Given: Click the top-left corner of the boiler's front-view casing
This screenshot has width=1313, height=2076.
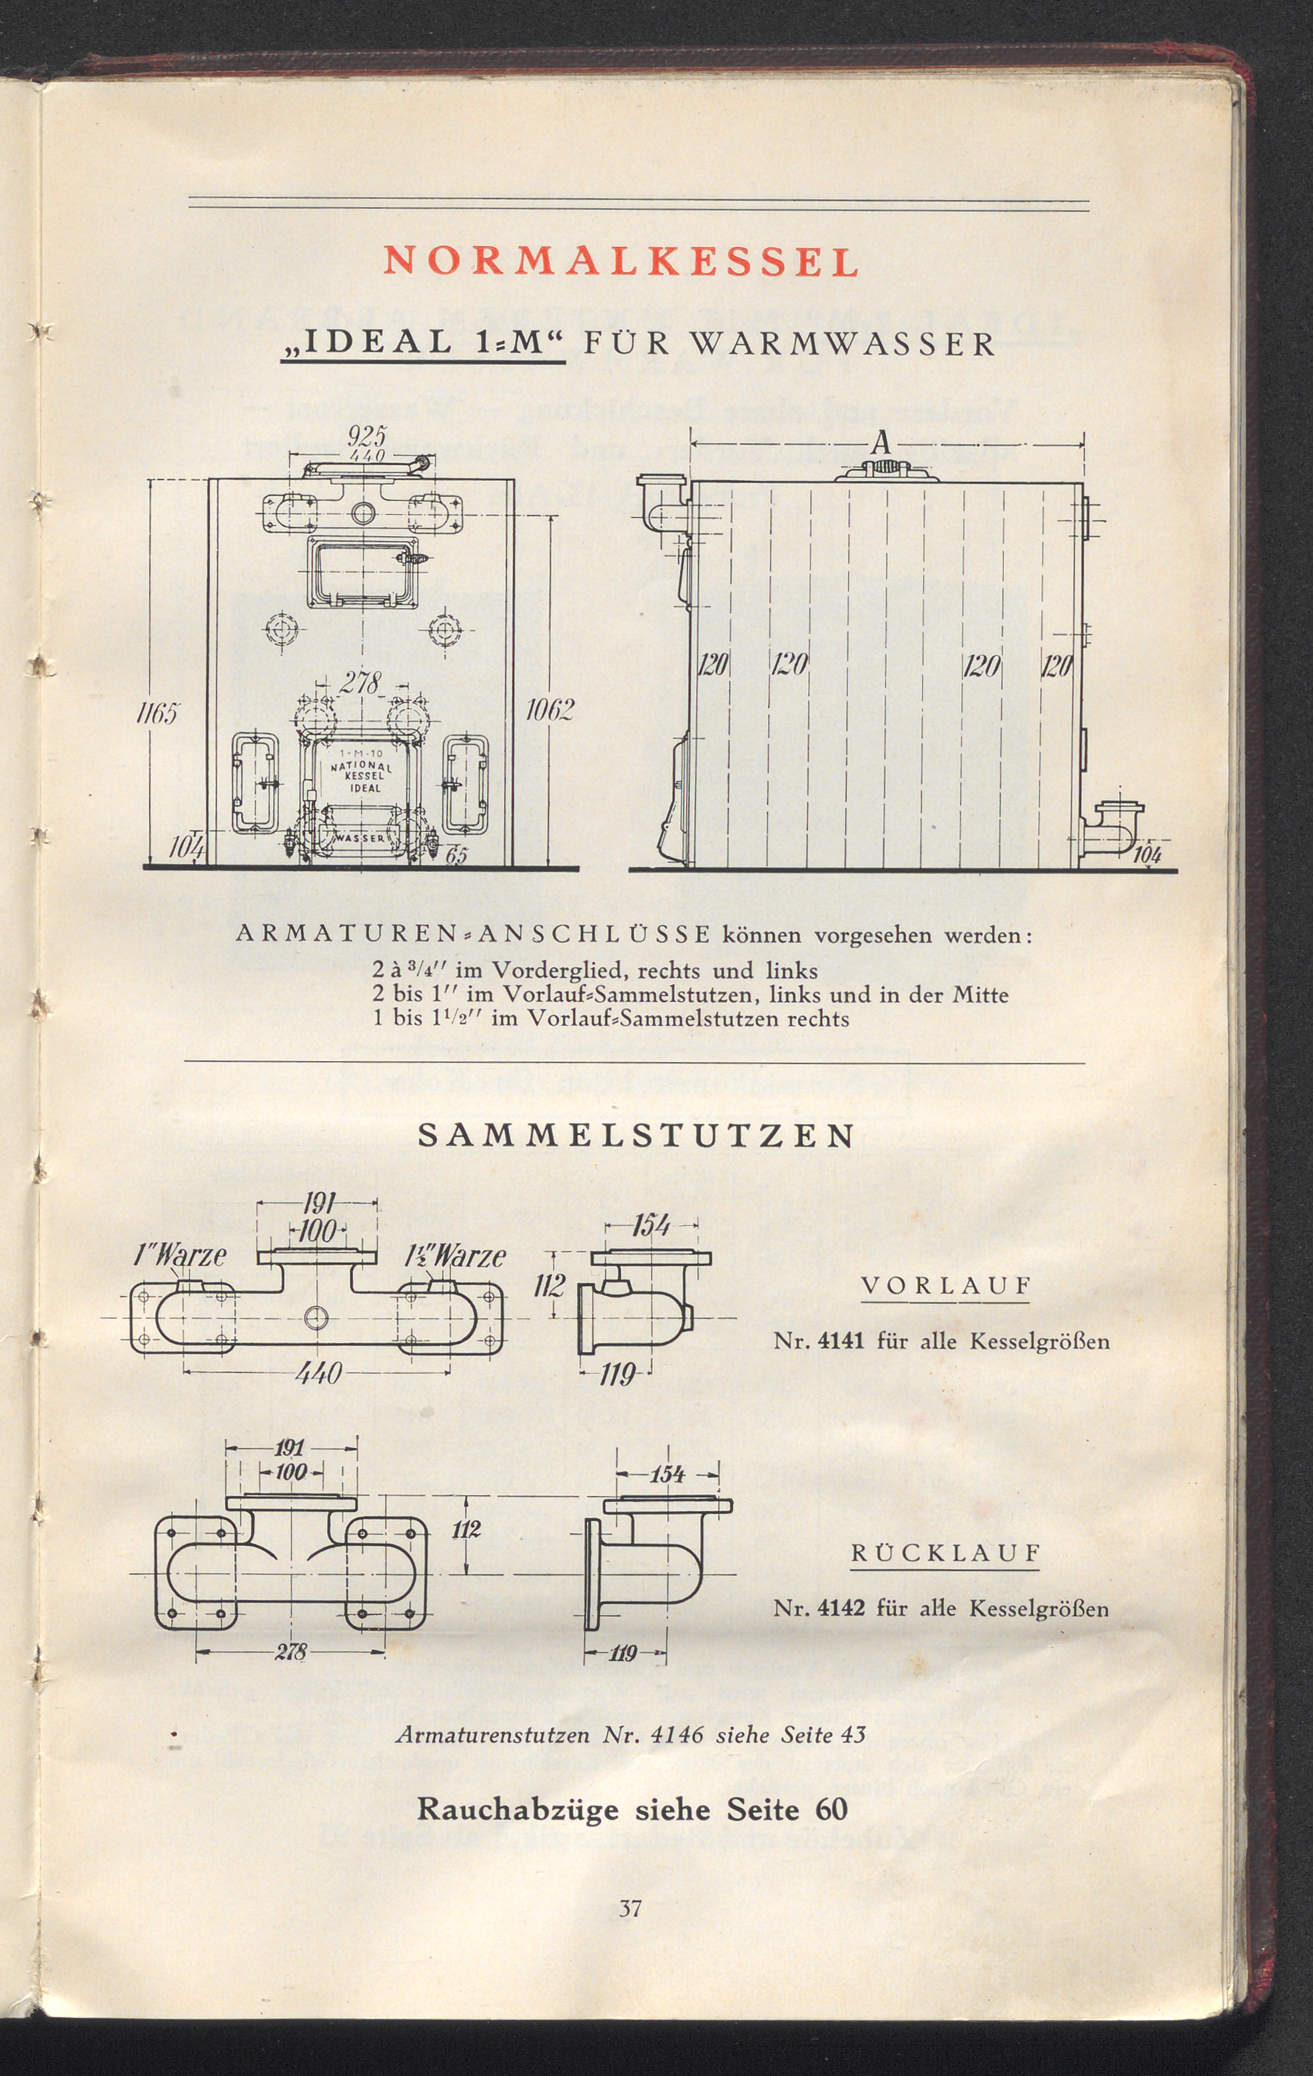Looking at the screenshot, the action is click(x=209, y=480).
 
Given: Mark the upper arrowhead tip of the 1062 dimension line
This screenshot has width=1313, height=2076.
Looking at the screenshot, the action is click(x=550, y=516).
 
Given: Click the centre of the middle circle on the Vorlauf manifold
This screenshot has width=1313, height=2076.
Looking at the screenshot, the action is click(x=316, y=1317).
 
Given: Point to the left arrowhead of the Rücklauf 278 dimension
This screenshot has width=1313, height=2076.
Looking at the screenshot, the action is click(x=197, y=1652).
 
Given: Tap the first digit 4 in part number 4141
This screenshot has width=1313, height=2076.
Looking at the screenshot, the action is click(x=824, y=1341).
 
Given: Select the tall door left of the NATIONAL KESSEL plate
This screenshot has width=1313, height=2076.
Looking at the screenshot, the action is click(x=254, y=782).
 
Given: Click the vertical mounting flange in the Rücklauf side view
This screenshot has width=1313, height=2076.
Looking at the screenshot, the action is click(x=593, y=1574).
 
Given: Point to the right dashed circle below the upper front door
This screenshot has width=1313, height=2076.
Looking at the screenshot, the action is click(x=445, y=629).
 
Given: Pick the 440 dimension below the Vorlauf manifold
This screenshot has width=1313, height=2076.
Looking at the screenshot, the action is click(x=318, y=1371).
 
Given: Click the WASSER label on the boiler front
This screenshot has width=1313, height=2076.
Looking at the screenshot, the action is click(x=358, y=837).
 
